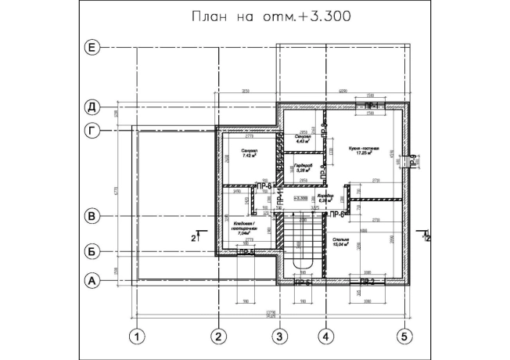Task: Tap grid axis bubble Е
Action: point(92,49)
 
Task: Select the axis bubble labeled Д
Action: point(92,106)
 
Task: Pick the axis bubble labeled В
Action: point(92,214)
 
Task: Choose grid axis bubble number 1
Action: point(138,337)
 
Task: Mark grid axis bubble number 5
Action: point(404,337)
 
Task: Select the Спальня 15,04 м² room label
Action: point(363,241)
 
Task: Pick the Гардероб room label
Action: point(303,167)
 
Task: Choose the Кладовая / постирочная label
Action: point(246,229)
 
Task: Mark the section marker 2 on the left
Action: point(196,234)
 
